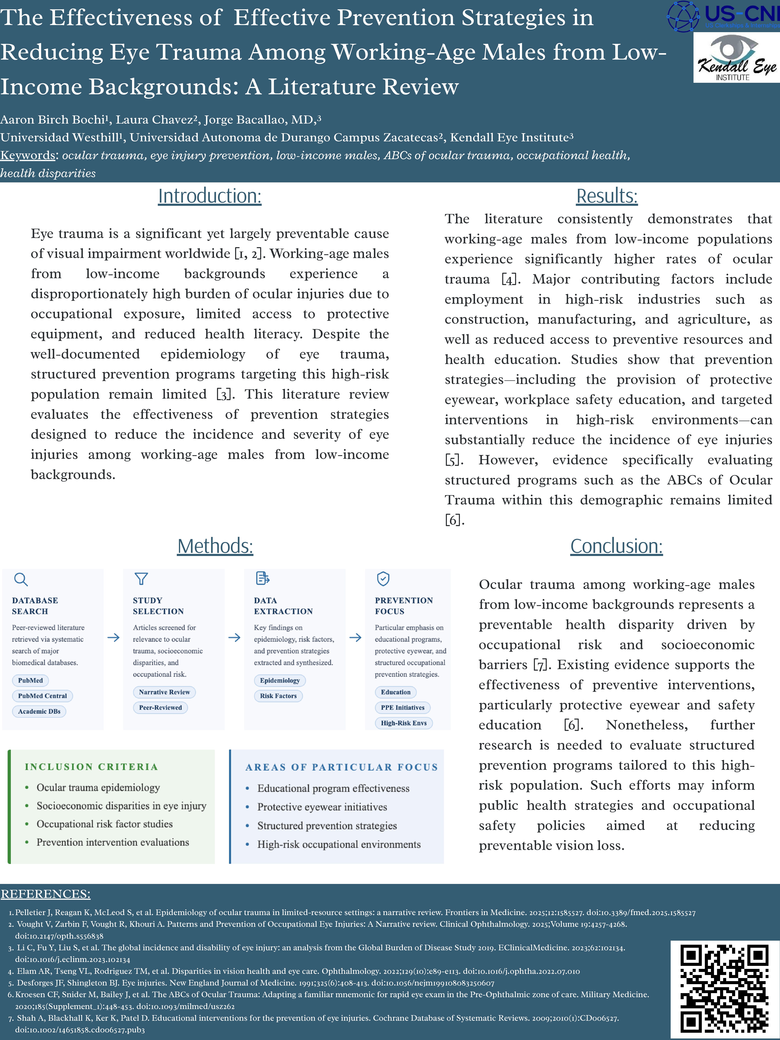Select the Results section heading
point(606,196)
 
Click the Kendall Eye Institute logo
point(736,57)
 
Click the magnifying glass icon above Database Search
point(21,579)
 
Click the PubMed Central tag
point(42,696)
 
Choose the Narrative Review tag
point(164,692)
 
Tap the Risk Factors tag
point(278,696)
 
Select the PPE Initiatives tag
point(403,708)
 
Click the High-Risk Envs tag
point(403,723)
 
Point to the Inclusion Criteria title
point(91,767)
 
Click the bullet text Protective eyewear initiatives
point(322,807)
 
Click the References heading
point(46,894)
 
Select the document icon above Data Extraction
point(262,579)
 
